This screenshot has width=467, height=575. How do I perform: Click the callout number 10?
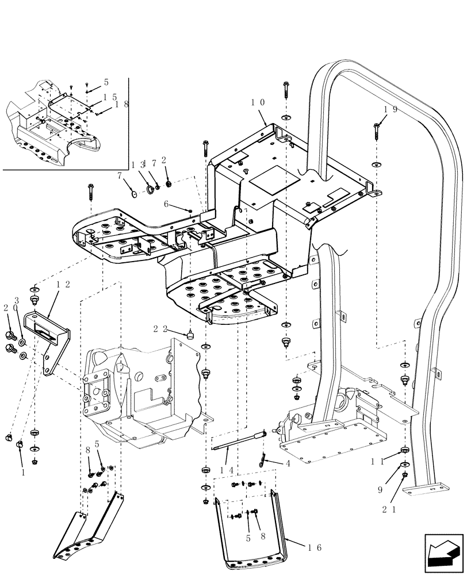click(257, 102)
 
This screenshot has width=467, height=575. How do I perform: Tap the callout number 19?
click(391, 109)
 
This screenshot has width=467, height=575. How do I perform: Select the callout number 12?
click(64, 284)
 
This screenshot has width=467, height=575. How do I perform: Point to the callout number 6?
click(166, 204)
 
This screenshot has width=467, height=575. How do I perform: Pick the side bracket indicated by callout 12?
click(52, 339)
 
